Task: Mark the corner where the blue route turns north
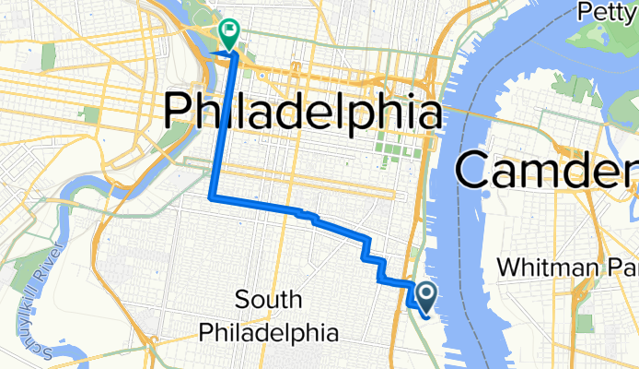point(213,196)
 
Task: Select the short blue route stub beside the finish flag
point(224,54)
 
